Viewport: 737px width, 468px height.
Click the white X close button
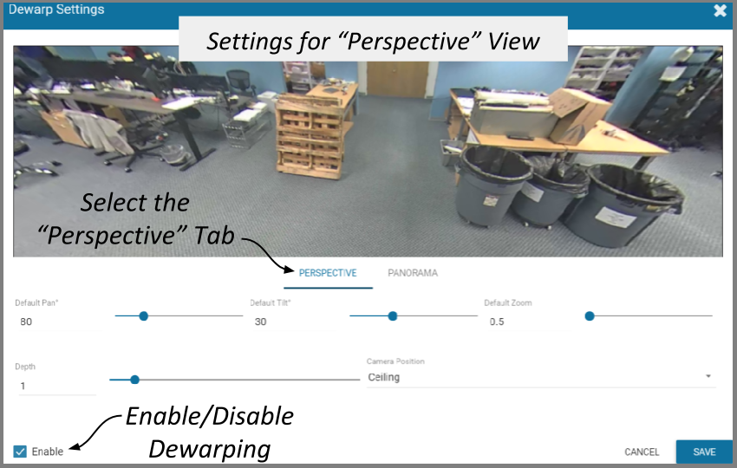tap(720, 10)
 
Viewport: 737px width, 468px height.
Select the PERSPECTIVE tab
tap(328, 273)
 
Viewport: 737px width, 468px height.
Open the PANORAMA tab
tap(413, 273)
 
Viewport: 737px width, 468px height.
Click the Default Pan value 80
tap(26, 322)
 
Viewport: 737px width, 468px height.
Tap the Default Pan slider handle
tap(144, 316)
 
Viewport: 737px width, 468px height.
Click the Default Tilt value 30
tap(260, 322)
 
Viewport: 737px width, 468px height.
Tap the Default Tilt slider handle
tap(393, 316)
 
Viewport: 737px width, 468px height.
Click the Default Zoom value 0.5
tap(497, 322)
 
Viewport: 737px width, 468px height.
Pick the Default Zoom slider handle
tap(590, 316)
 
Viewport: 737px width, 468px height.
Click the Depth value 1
tap(23, 387)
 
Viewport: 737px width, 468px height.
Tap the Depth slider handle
tap(135, 380)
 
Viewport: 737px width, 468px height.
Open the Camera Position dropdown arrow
tap(708, 376)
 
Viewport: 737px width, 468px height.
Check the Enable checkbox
tap(20, 452)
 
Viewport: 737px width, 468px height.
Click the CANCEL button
tap(642, 452)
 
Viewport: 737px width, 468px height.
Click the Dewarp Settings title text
tap(56, 10)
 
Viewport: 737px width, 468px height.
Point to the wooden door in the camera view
tap(398, 79)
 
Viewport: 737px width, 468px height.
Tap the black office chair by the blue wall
tap(239, 82)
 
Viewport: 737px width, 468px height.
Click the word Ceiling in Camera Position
tap(384, 377)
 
